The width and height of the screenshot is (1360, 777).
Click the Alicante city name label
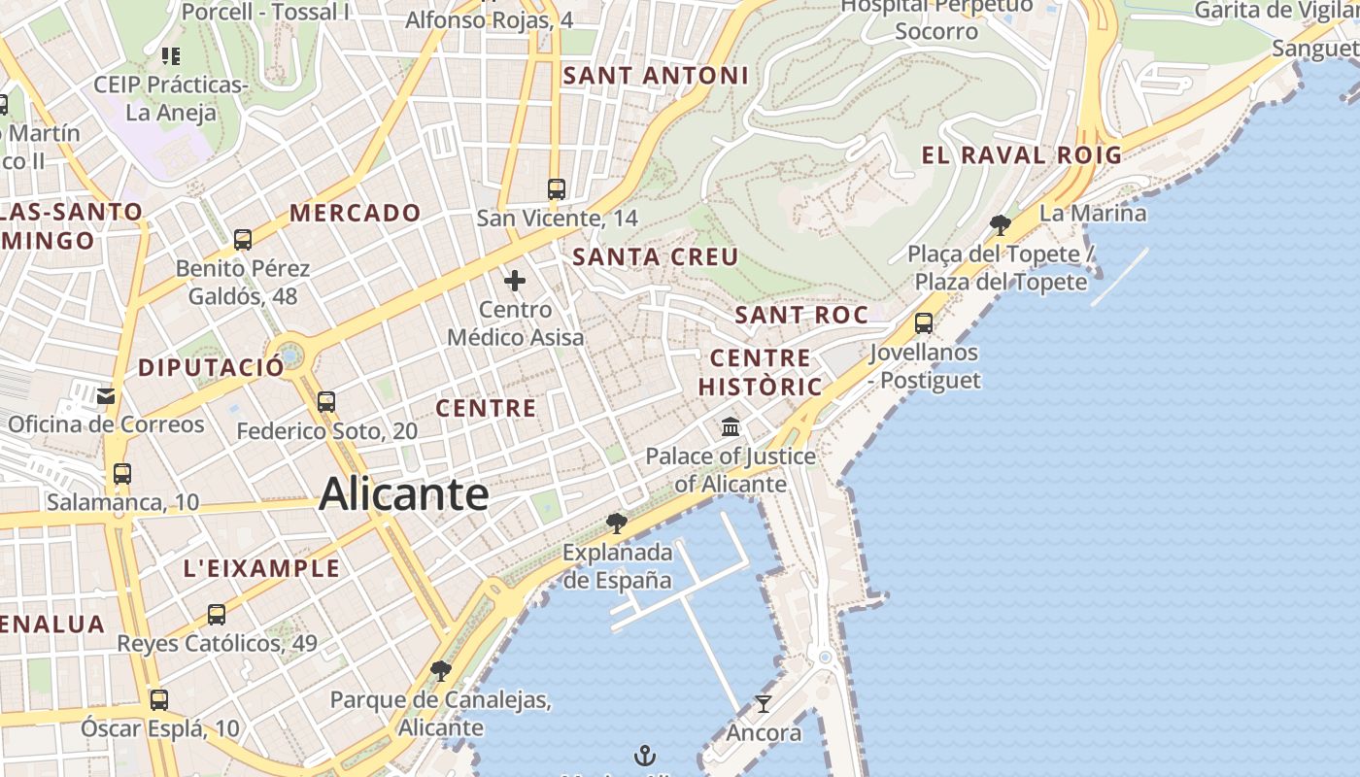(403, 493)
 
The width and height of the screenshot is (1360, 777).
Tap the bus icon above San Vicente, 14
(557, 189)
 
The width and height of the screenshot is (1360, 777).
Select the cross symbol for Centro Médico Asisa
(515, 282)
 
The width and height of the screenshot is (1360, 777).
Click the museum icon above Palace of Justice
(731, 426)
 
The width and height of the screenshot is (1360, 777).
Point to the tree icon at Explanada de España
(616, 524)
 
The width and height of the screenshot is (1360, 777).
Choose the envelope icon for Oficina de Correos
(106, 395)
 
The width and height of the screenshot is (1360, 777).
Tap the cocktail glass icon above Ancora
(764, 704)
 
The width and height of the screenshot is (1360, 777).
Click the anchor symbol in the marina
(644, 755)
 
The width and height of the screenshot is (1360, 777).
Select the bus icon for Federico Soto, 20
(326, 401)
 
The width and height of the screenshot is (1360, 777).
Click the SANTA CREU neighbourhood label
(656, 257)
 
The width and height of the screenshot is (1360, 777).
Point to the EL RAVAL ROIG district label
(1021, 155)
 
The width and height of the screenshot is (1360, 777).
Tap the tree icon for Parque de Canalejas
(440, 670)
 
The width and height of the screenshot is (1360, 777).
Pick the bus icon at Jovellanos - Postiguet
(924, 322)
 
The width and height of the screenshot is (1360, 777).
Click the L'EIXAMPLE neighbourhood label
(262, 569)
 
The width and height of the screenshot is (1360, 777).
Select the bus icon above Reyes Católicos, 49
(217, 614)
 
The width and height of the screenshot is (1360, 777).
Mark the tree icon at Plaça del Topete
(1000, 225)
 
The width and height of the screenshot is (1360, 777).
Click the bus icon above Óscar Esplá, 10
(159, 699)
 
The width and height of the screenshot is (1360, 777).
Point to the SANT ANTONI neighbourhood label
(656, 76)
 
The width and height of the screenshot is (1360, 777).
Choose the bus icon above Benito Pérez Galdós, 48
(243, 239)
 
